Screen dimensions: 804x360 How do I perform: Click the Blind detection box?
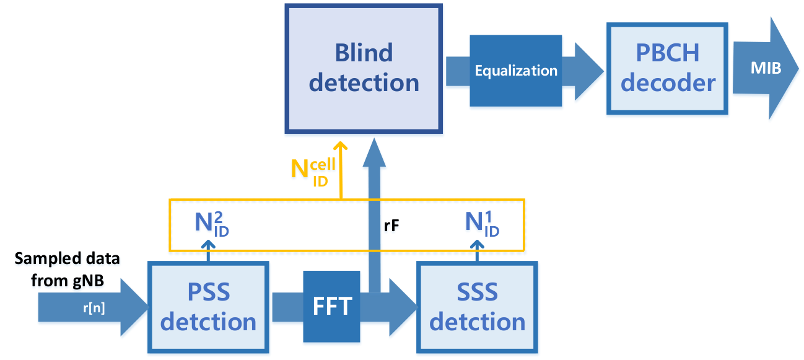(364, 69)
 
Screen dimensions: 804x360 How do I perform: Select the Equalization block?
(516, 71)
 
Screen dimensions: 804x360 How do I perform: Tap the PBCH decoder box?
(667, 69)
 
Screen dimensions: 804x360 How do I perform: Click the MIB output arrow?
(766, 68)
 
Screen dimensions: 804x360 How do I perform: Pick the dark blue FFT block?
(331, 306)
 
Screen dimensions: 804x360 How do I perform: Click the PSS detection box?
(208, 307)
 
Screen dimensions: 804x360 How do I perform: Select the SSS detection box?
(477, 307)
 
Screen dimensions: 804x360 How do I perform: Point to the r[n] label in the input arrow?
(94, 308)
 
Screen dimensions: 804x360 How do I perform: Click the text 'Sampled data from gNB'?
(67, 269)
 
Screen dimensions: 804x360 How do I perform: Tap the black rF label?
(391, 226)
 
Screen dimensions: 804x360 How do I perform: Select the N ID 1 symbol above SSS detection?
(482, 224)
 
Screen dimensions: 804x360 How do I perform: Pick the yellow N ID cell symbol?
(313, 173)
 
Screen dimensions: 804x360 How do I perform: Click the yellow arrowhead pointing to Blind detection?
(340, 146)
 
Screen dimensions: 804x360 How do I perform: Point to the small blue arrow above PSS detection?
(208, 251)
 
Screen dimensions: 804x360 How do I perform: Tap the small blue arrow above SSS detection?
(477, 251)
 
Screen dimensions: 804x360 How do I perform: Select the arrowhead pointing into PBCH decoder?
(588, 71)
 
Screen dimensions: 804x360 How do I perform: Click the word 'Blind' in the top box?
(364, 53)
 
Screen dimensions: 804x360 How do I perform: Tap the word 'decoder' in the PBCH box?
(668, 83)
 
